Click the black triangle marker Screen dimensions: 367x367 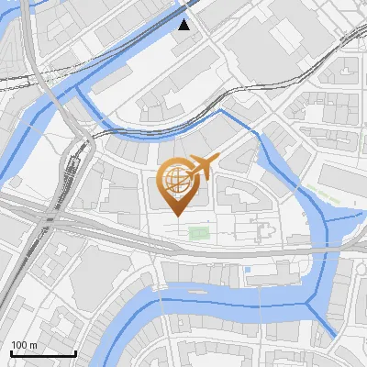point(184,25)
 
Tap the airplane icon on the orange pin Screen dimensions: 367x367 point(201,166)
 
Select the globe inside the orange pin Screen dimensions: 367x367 point(176,177)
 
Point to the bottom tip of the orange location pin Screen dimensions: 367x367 point(175,215)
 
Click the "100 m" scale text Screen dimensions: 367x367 point(23,345)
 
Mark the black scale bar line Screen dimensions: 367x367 point(43,353)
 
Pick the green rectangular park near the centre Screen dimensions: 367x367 point(198,232)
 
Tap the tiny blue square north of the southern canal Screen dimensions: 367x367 point(247,270)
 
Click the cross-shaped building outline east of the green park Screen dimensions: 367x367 point(263,230)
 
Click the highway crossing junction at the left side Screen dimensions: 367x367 point(46,220)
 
